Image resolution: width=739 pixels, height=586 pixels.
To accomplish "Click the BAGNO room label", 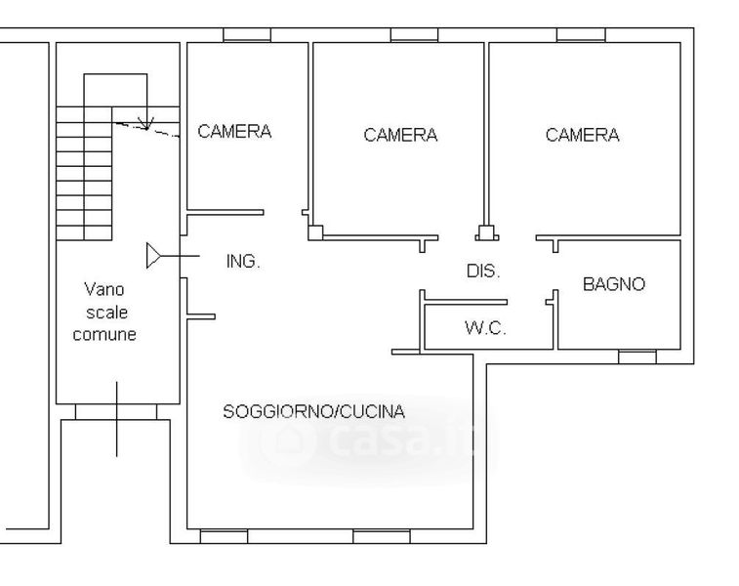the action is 614,284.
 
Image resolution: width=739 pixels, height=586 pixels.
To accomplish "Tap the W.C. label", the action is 485,327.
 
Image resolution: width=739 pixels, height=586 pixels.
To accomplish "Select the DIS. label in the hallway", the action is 483,271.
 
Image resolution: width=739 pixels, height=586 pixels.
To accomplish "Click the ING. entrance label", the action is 243,261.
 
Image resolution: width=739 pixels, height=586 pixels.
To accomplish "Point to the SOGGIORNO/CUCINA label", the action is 314,411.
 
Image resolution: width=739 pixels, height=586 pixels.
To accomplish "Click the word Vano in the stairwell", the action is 104,289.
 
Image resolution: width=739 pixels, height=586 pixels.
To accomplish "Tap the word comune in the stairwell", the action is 104,334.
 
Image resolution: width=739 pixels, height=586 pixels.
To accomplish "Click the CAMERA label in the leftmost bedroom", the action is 234,131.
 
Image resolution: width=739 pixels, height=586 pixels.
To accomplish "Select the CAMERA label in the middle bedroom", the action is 400,135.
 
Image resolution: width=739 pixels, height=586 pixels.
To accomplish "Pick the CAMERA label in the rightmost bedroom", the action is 583,135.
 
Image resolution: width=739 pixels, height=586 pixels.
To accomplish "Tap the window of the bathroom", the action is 637,356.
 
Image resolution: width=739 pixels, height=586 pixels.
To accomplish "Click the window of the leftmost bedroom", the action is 247,35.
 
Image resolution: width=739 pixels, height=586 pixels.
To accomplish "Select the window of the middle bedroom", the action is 414,35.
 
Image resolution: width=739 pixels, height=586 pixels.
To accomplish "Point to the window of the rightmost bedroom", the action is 581,35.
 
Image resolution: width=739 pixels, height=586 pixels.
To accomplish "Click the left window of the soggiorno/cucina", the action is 224,536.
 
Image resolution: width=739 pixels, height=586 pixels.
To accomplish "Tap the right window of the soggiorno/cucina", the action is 382,536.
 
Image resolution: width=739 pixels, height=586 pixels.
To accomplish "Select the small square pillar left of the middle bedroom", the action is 315,232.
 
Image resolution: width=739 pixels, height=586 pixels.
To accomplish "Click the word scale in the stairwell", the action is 107,313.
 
